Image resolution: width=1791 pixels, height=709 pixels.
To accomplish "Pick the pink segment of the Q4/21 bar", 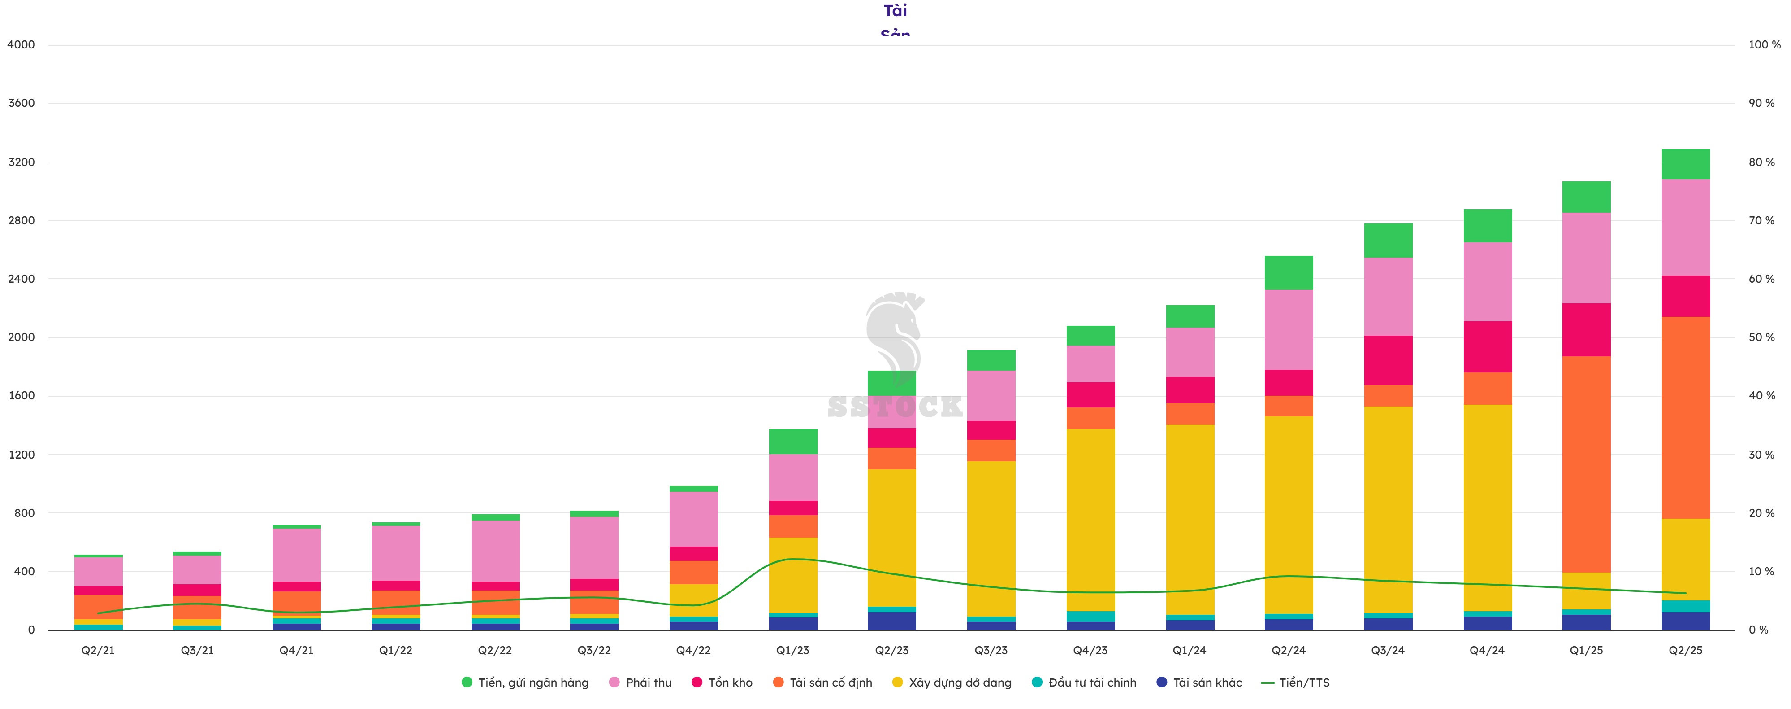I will click(296, 555).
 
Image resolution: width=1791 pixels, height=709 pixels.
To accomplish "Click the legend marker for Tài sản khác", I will click(1161, 683).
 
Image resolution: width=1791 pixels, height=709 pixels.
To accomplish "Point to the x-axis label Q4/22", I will click(693, 651).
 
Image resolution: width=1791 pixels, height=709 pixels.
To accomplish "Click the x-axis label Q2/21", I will click(98, 651).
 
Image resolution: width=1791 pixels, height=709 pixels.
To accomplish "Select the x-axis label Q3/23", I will click(991, 651).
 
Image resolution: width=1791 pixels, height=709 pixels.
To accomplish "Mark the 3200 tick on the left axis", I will click(21, 162).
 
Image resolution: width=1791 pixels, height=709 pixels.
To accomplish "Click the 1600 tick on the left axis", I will click(21, 396).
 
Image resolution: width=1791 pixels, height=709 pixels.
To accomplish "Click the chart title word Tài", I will click(895, 10).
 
